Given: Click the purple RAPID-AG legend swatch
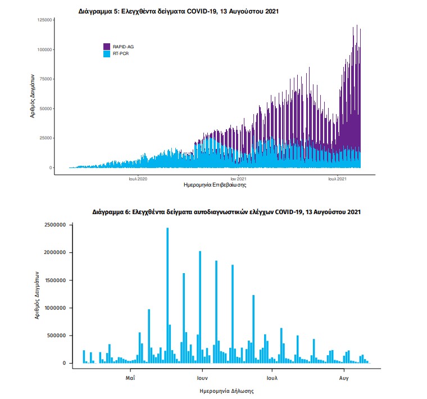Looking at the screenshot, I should click(x=106, y=46).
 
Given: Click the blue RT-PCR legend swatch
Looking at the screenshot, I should click(x=106, y=53).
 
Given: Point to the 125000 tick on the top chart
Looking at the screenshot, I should click(x=44, y=20).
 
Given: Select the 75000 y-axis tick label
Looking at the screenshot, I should click(x=46, y=79).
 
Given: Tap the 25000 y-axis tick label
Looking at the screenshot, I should click(x=46, y=138).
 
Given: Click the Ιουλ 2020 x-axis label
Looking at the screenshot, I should click(x=138, y=179).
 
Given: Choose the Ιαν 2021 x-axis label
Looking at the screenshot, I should click(x=238, y=179).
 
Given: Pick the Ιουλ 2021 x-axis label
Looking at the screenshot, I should click(x=337, y=179).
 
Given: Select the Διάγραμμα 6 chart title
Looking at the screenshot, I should click(x=226, y=212).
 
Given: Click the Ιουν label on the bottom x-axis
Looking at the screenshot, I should click(x=203, y=378).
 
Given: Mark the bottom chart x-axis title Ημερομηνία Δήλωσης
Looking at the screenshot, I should click(x=226, y=390).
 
